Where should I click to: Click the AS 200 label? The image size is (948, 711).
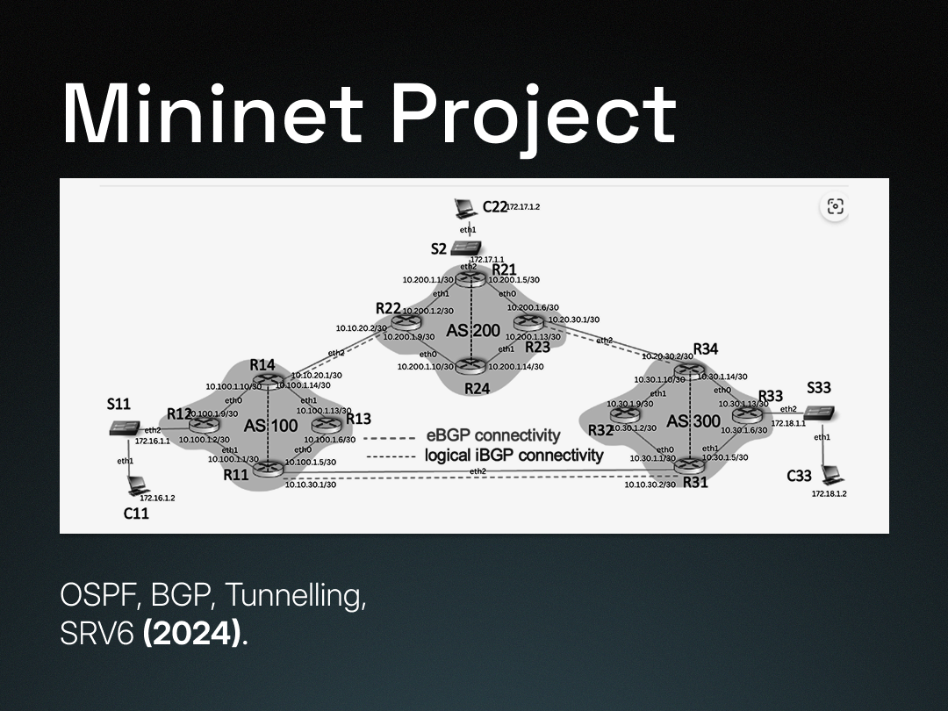tap(473, 331)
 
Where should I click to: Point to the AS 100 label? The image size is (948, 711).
tap(271, 426)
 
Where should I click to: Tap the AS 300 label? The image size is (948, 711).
tap(693, 421)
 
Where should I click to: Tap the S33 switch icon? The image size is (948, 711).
tap(820, 413)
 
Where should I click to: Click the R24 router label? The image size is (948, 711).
tap(477, 387)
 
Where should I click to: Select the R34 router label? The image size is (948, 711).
tap(706, 349)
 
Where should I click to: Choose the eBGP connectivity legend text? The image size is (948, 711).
tap(492, 435)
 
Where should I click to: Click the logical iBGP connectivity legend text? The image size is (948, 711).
tap(513, 456)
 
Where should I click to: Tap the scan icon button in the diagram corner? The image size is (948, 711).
tap(835, 206)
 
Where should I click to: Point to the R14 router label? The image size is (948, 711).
tap(262, 364)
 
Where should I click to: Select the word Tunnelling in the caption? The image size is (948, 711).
tap(296, 596)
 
